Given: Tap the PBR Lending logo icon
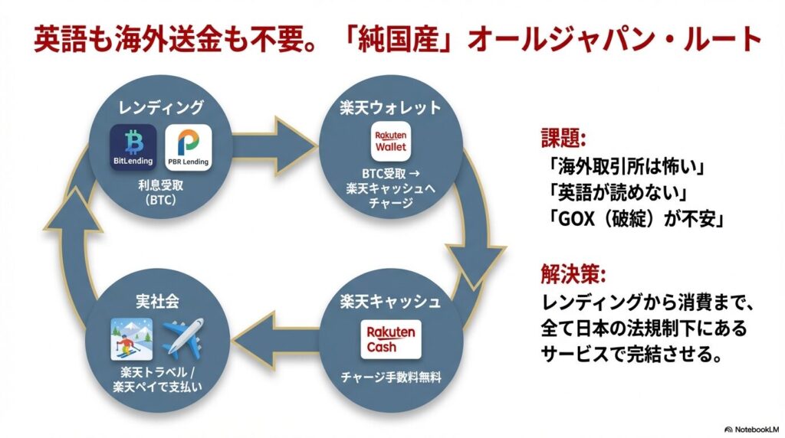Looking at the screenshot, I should pyautogui.click(x=187, y=147).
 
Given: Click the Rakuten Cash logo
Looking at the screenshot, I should pyautogui.click(x=390, y=338).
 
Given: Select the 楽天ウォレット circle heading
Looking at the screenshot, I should pyautogui.click(x=390, y=107).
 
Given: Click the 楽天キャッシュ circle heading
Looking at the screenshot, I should pyautogui.click(x=390, y=301).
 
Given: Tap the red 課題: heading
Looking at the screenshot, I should pyautogui.click(x=563, y=139).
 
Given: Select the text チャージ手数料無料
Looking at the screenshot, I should pyautogui.click(x=390, y=376).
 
